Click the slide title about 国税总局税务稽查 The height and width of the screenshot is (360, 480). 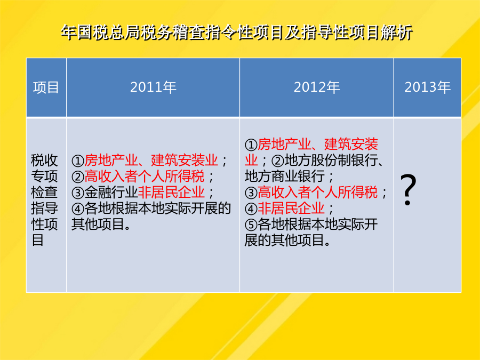236,33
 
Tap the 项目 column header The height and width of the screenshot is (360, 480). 46,87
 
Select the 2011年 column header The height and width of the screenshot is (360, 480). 153,87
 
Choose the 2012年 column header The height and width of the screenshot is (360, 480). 316,87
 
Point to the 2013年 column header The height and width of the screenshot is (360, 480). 427,87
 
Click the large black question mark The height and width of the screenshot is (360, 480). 409,190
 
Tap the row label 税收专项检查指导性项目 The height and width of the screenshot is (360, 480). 44,200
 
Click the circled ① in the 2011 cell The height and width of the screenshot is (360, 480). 78,161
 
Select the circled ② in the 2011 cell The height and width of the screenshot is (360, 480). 78,177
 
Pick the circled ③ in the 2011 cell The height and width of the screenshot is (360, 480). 78,193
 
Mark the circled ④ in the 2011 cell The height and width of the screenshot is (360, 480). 78,209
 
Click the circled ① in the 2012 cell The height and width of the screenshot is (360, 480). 251,145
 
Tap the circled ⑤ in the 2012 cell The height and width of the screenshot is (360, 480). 251,225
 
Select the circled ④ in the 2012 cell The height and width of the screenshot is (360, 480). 251,209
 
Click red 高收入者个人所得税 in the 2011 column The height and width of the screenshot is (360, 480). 144,177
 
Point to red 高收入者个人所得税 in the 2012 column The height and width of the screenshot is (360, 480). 317,193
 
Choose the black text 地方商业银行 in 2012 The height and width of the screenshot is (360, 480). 284,177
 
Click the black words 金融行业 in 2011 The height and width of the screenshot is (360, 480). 111,193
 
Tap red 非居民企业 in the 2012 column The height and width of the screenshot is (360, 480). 291,209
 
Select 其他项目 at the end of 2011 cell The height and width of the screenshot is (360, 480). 98,225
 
